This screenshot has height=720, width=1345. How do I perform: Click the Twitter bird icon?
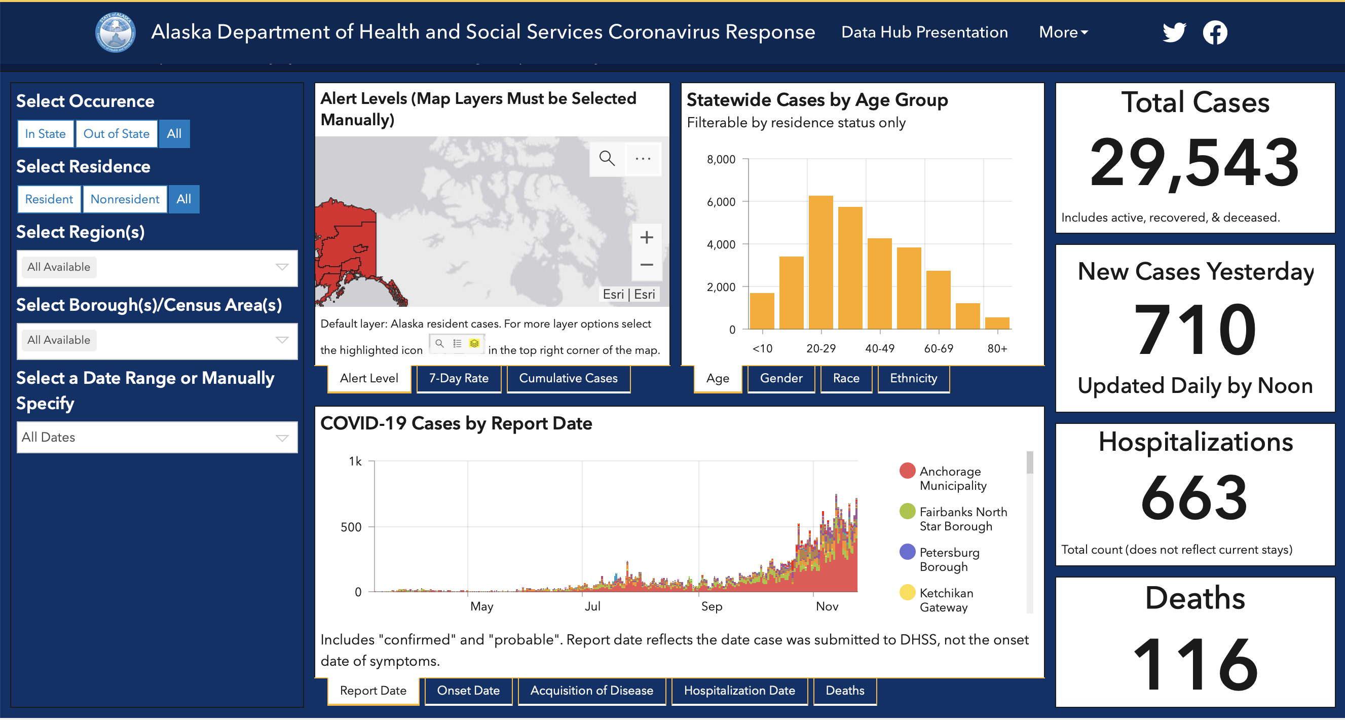(1174, 32)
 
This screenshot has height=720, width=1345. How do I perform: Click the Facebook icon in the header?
(1215, 32)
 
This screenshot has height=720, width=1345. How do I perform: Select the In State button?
(46, 134)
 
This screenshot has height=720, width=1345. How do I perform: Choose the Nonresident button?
(125, 199)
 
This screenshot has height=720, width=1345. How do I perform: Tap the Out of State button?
(117, 134)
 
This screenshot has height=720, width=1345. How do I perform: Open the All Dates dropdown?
(157, 438)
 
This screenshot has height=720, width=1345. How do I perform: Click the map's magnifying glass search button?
(607, 158)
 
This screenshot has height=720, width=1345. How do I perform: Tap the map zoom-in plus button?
(646, 237)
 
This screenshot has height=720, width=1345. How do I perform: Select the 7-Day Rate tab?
(459, 378)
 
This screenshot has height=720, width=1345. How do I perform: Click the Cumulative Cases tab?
(568, 378)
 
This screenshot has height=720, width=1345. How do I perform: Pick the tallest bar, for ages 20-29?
(821, 262)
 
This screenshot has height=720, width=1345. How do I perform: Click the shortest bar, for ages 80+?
(997, 323)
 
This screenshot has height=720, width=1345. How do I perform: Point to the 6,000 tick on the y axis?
(721, 202)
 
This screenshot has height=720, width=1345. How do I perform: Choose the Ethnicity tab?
(914, 378)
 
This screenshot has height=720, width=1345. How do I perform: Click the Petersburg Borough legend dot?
(908, 552)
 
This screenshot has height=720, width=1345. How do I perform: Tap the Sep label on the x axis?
(712, 606)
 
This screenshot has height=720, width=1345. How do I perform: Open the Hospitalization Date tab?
(739, 691)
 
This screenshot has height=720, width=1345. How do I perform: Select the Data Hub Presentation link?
(925, 32)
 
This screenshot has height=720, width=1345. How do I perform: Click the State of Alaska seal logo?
(116, 32)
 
